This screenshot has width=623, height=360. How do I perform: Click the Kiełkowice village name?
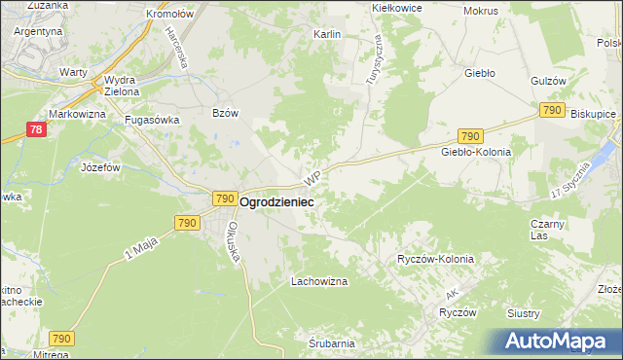pos(395,7)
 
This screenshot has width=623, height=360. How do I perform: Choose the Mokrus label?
pos(481,11)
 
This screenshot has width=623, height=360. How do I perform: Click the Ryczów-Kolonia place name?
pos(435,260)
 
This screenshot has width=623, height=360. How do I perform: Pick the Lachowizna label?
pos(319,281)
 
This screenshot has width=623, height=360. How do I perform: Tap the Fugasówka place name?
pos(149,121)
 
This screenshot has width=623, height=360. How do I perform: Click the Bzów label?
pos(225,113)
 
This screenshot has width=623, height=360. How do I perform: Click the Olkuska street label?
pos(234,239)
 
